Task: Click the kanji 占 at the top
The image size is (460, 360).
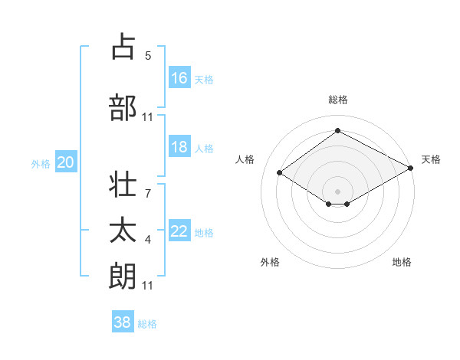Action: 123,47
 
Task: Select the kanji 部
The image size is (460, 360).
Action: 123,108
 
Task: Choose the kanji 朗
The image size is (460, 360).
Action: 123,276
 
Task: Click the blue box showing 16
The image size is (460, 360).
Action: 179,77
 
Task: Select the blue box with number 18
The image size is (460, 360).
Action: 179,147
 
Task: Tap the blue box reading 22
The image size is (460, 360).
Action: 179,231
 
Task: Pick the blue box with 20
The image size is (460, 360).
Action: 66,162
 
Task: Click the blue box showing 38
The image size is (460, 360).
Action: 123,322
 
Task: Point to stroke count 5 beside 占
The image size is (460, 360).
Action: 148,56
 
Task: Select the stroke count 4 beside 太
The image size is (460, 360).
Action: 148,241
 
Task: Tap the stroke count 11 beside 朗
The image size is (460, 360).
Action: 148,286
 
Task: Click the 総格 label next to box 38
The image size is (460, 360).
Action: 147,324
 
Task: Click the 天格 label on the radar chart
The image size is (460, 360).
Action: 431,159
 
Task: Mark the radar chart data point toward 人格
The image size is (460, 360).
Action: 280,173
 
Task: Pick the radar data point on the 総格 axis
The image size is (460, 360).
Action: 337,131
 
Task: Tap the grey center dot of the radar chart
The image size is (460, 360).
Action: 337,190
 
